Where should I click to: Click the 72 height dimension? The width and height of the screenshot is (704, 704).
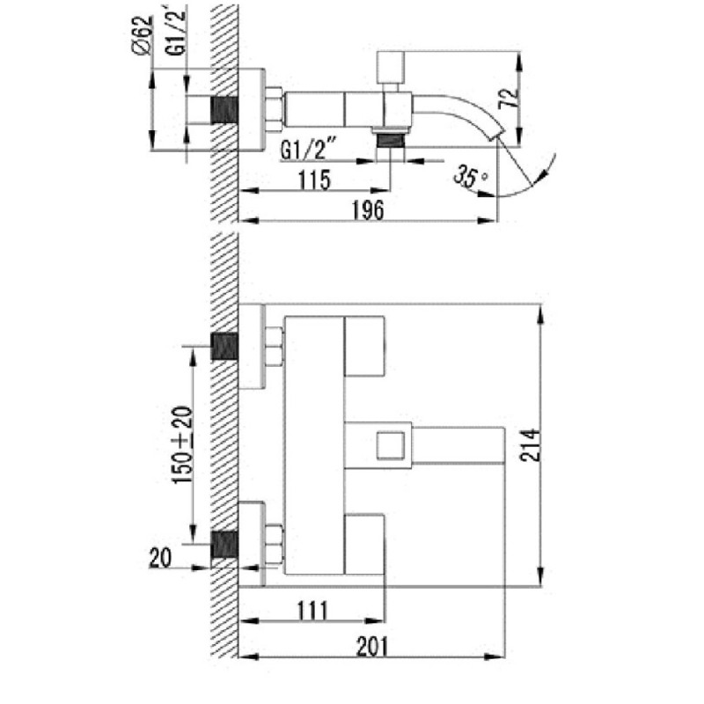coord(509,98)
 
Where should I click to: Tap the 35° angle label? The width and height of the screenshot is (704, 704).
coord(470,175)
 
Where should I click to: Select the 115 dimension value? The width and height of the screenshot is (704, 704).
coord(314,180)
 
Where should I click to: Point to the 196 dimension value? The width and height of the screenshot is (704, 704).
coord(368,209)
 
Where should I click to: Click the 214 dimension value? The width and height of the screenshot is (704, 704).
coord(531,445)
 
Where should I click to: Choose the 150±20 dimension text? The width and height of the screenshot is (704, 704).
coord(183,445)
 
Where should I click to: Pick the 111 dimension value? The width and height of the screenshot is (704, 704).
coord(312,611)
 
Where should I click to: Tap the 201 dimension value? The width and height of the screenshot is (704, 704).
coord(372,647)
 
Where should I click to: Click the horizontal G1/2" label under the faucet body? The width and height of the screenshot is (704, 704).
coord(310,150)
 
